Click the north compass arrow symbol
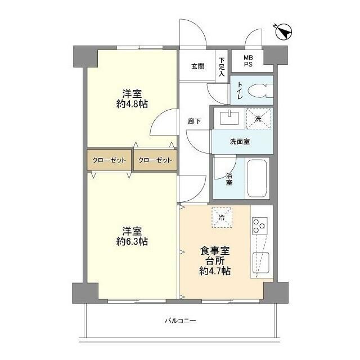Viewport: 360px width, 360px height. point(285,33)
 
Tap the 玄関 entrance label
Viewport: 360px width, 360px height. point(197,66)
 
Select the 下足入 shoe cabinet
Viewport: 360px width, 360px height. point(222,66)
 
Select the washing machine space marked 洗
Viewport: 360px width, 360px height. point(258,118)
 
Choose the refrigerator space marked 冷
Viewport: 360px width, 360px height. point(222,218)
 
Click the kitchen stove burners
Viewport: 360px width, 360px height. point(260,226)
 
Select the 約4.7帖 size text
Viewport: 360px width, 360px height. point(215,271)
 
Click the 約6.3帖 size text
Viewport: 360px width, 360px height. point(132,242)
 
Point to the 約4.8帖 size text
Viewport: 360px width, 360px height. point(132,103)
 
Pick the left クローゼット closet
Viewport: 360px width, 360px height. point(109,160)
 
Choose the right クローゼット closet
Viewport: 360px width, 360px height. point(155,160)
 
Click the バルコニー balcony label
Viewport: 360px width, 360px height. point(180,321)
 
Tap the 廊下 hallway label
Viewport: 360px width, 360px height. point(195,121)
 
